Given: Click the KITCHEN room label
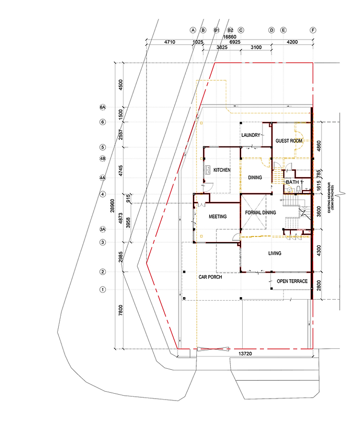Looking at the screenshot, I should point(222,170).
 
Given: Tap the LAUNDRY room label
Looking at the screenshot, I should point(251,135).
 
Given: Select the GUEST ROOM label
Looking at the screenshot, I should point(289,141).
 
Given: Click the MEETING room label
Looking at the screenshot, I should point(218,216).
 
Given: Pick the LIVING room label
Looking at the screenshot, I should point(274,253).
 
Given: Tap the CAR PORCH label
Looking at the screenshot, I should point(210,277).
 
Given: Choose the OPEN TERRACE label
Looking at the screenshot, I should point(292,281).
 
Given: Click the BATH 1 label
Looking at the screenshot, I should point(293,182).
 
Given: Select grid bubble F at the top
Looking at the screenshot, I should point(313,30).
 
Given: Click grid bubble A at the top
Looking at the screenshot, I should point(192,30).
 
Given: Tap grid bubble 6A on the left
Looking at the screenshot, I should point(103,107).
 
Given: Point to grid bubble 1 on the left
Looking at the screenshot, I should point(103,289).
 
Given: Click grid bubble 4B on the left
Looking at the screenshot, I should point(103,159).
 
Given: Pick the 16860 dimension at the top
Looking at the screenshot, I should point(229,36).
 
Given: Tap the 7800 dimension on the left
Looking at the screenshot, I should point(120,311).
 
